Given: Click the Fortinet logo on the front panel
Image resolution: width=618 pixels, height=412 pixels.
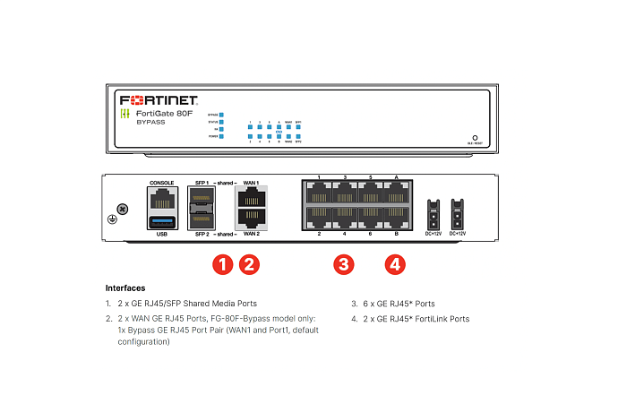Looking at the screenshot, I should tap(159, 99).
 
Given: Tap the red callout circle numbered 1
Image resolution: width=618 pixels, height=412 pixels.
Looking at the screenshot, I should tap(221, 264).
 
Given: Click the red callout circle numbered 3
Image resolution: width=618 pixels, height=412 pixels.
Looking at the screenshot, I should tap(344, 264).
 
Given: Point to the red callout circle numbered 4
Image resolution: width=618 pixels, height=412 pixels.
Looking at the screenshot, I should tap(395, 264).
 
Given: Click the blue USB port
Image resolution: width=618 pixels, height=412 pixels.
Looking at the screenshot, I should tap(162, 220).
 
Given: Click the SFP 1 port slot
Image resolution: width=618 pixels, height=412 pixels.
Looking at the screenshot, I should tap(202, 197).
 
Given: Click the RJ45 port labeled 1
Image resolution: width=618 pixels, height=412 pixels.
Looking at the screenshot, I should tap(319, 194).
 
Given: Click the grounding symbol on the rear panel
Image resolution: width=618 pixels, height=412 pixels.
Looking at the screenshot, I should tap(112, 219).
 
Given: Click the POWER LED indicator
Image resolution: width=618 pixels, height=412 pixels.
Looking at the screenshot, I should tap(221, 137).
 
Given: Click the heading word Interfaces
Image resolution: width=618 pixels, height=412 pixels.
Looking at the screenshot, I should tap(125, 288).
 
